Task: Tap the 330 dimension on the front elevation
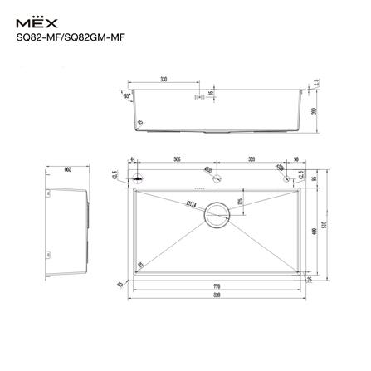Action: [x=164, y=81]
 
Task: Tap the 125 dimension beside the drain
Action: [x=240, y=201]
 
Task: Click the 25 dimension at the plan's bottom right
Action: [x=309, y=280]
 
